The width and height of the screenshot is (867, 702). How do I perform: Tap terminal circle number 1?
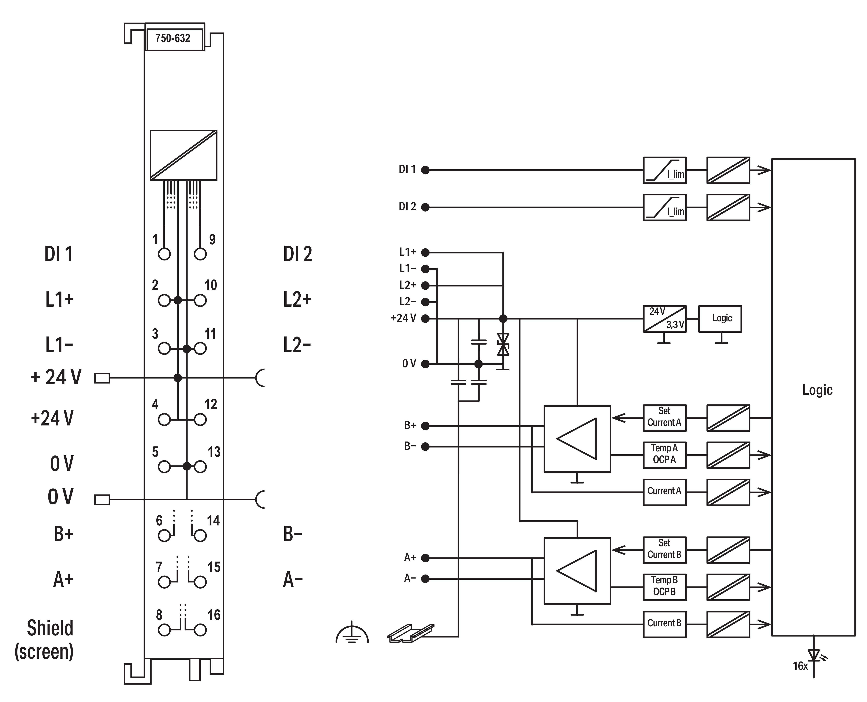164,254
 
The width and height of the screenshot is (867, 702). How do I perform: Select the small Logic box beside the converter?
720,319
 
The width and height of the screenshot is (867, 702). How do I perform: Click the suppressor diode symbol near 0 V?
503,345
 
